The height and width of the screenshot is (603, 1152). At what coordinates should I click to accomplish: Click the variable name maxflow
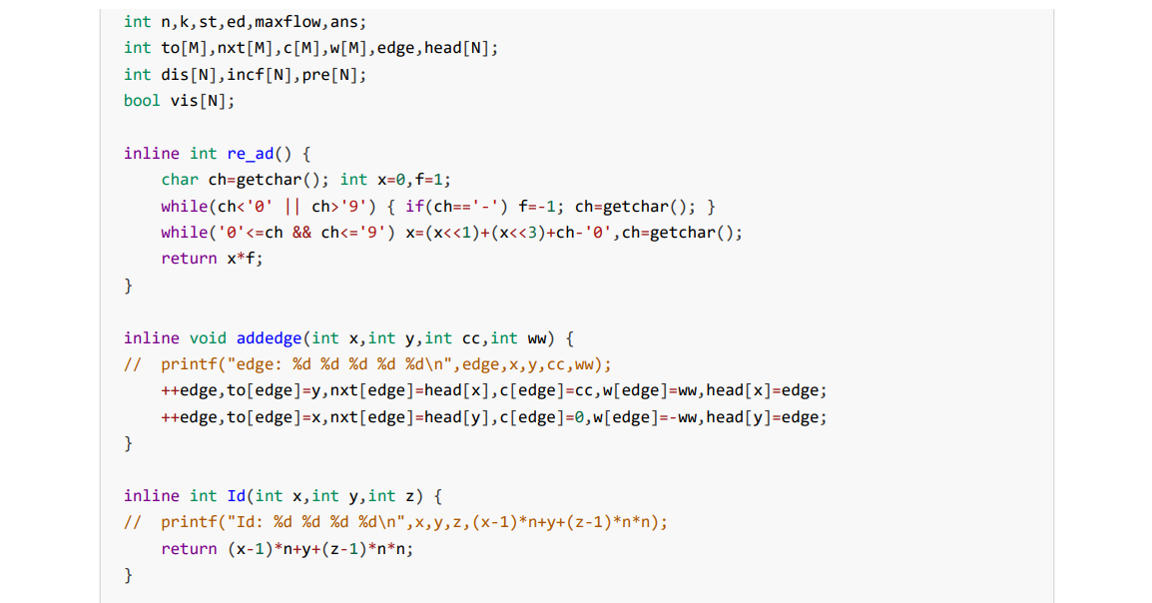[x=289, y=21]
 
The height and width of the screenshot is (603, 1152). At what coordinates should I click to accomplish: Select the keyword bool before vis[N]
[x=141, y=100]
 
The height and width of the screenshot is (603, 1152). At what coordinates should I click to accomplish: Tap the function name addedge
[x=274, y=337]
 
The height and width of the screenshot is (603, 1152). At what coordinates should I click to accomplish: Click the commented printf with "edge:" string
[x=385, y=363]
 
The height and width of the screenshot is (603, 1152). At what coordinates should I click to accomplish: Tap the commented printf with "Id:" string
[x=413, y=521]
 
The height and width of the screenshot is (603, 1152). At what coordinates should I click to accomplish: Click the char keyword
[x=180, y=180]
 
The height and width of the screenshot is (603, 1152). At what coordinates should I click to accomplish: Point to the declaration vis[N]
[x=203, y=100]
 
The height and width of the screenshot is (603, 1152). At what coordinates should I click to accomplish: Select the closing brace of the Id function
[x=128, y=574]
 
